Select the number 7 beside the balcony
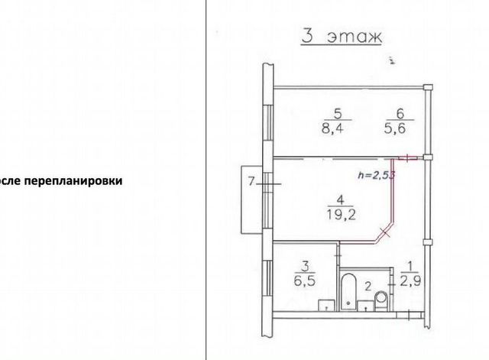(x=250, y=182)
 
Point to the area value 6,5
(x=304, y=280)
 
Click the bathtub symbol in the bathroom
(x=348, y=292)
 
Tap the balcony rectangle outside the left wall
(x=249, y=199)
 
